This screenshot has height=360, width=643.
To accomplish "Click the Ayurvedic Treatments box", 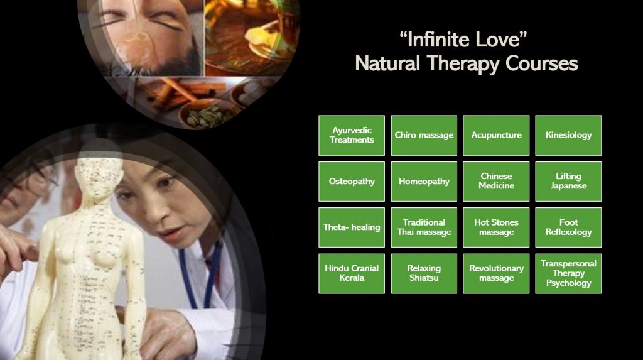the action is coord(352,136).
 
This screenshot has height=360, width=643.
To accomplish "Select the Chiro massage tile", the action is coord(424,136).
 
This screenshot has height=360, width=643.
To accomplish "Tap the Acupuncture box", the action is coord(496,136).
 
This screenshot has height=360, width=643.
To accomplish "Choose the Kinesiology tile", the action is coord(568,136).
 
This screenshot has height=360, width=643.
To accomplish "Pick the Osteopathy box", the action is coord(352,182).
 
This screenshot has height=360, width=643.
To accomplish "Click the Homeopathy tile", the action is coord(424,182).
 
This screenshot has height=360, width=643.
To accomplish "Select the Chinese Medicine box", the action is coord(496,182).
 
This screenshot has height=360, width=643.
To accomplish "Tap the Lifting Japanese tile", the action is coord(568,182).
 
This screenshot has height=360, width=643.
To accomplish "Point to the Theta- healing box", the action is coord(352,227).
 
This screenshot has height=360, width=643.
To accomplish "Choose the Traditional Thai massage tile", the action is coord(424,227).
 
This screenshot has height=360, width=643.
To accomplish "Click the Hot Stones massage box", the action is coord(496,227).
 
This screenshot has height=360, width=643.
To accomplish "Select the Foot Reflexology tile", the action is coord(568,227).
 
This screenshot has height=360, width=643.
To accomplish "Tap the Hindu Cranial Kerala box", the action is coord(352,273).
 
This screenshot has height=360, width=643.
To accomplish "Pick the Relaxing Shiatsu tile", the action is coord(424,273).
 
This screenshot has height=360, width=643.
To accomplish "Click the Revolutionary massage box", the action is coord(496,273).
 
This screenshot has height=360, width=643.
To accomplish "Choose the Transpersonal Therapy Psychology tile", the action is coord(568,273).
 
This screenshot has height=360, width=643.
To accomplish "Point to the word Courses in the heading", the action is coord(542,63).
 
